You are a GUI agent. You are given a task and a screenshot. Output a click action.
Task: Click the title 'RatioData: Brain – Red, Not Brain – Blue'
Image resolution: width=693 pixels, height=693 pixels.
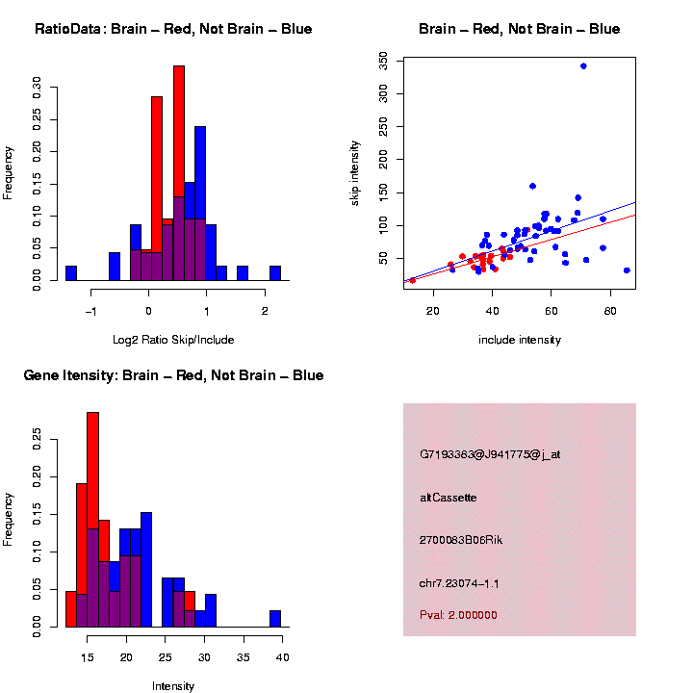[173, 29]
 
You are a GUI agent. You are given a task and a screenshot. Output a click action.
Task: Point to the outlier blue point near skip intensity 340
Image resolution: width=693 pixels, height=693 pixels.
[583, 65]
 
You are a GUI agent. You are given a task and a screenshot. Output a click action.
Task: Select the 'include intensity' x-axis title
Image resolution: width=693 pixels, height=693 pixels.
[520, 340]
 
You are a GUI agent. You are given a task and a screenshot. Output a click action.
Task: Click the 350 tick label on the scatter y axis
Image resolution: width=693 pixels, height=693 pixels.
[384, 60]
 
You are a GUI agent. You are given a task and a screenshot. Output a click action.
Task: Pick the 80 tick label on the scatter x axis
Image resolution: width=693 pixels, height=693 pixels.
[610, 311]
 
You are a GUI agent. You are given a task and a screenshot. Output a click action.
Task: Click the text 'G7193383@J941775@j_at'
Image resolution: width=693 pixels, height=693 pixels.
[490, 453]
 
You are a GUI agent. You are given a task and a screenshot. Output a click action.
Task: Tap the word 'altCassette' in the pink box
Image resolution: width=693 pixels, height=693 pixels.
[448, 497]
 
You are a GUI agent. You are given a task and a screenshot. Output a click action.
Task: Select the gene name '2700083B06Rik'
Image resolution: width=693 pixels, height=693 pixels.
[461, 540]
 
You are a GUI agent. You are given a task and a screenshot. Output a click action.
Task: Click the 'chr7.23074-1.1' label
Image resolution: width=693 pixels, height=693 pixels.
[459, 583]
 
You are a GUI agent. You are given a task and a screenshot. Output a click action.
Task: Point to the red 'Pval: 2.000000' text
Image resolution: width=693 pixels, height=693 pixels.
[458, 615]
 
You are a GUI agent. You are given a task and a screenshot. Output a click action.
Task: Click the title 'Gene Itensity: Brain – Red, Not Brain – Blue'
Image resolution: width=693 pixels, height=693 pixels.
[173, 375]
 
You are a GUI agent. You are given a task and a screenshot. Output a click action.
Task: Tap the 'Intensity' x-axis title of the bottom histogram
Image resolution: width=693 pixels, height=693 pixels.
[173, 686]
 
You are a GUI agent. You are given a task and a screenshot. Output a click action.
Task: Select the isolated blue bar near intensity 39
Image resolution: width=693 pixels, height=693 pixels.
[275, 619]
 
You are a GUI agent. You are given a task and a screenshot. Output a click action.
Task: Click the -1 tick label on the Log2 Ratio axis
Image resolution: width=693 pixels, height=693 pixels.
[90, 311]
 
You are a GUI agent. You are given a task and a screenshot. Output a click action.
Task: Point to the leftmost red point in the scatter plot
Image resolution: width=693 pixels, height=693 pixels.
[412, 280]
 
